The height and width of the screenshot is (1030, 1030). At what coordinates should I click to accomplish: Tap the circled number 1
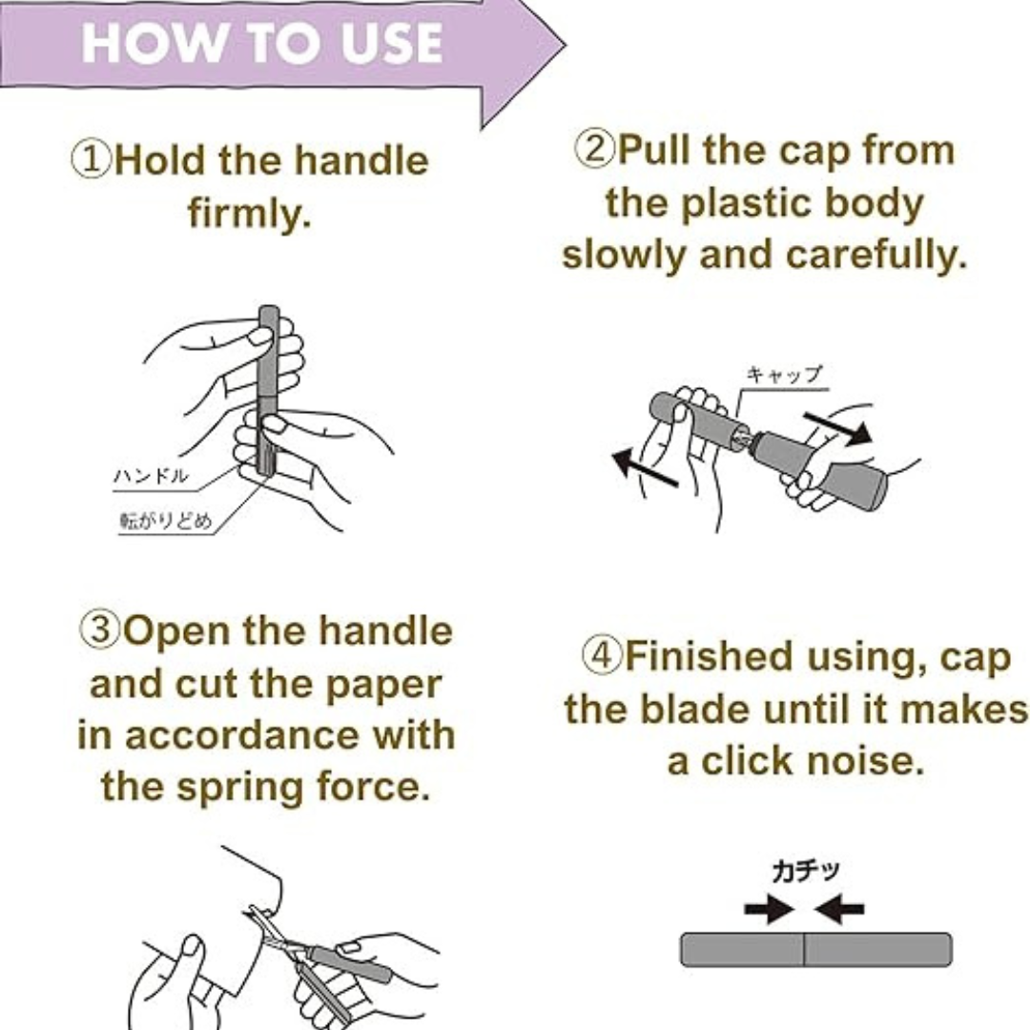(92, 160)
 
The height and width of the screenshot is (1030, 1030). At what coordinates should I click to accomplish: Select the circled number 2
(595, 149)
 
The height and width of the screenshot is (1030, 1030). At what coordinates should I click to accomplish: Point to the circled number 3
(100, 629)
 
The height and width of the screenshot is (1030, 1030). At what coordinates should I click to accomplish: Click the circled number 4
(602, 655)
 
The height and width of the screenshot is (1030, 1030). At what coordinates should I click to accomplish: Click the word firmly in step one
(250, 213)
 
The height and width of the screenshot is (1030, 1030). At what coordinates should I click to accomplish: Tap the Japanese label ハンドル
(151, 475)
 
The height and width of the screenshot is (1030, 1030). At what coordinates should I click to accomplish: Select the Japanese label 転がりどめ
(166, 521)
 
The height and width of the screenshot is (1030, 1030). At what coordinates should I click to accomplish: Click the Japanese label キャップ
(784, 374)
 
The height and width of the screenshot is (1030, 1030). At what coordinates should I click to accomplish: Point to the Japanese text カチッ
(806, 871)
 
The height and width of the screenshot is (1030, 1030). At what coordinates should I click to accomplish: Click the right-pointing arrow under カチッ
(769, 910)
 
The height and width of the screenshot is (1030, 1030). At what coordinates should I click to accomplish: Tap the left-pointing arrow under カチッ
(839, 910)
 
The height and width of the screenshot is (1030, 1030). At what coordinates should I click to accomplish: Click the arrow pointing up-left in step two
(644, 467)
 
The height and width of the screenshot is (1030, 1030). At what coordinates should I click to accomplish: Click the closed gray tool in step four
(815, 950)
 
